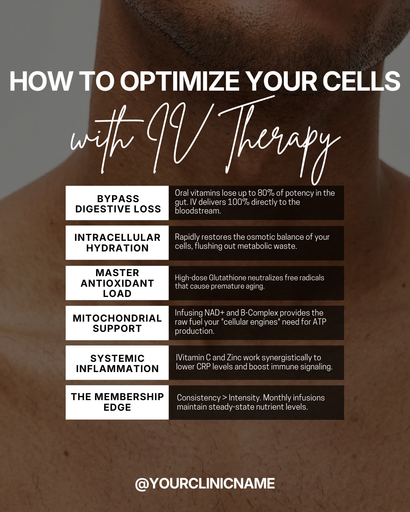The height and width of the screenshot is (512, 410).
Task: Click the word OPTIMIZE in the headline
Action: point(180,81)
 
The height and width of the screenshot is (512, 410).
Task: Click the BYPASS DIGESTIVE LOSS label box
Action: point(117,203)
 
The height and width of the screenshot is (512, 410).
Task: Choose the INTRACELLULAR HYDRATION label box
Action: point(117,243)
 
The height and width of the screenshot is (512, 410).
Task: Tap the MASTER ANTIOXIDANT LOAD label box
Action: point(117,283)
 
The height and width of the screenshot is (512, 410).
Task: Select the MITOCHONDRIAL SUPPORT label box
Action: point(117,323)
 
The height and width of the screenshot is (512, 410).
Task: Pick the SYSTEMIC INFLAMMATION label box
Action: point(117,363)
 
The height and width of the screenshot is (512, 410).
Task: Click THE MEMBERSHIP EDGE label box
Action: point(117,402)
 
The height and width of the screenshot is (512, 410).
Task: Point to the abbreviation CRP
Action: point(203,367)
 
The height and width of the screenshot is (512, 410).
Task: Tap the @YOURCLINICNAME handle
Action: point(205,484)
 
